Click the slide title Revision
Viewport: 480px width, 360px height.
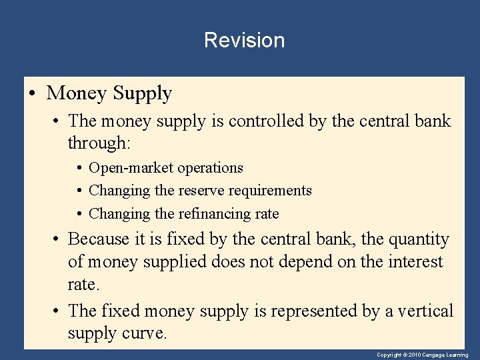244,40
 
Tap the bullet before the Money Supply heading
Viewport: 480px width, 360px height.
33,94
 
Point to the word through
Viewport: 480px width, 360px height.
98,143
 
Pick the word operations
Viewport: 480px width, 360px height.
210,168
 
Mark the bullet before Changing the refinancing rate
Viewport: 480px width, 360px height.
79,214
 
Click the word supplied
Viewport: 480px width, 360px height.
176,261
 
